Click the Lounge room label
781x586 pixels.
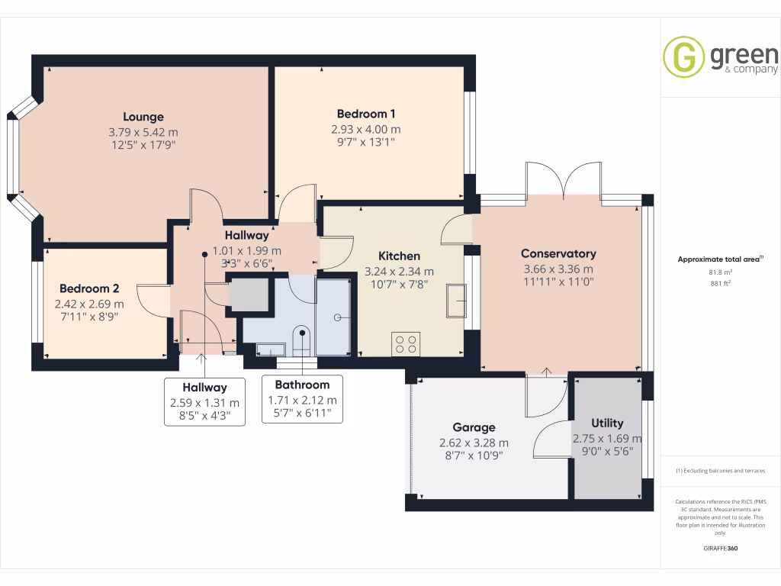[x=143, y=117]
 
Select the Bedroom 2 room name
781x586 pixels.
[x=89, y=288]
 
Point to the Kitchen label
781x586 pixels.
[x=400, y=256]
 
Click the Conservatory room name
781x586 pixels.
[x=558, y=253]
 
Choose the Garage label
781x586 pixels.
[x=474, y=427]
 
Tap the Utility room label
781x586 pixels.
[x=607, y=423]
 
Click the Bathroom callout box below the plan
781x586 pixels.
[x=302, y=399]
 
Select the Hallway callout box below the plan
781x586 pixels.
[x=204, y=402]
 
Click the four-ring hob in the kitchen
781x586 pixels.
[x=405, y=344]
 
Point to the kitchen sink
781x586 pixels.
[x=457, y=300]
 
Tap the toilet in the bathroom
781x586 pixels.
[x=302, y=340]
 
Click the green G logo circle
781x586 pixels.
[x=683, y=57]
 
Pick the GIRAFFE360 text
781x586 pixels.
[x=721, y=548]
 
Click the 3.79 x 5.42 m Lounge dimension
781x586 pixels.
[x=143, y=131]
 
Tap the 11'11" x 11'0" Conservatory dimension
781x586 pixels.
[x=558, y=282]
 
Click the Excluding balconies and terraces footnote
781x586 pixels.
[x=721, y=471]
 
